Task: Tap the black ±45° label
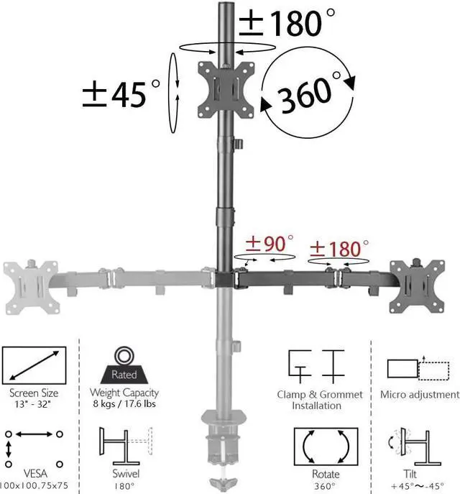point(122,93)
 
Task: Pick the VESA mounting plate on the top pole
point(226,89)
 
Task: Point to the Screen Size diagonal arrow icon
point(34,367)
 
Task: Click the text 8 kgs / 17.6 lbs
point(124,404)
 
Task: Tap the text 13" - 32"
point(34,405)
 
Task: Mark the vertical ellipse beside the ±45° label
point(172,91)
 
